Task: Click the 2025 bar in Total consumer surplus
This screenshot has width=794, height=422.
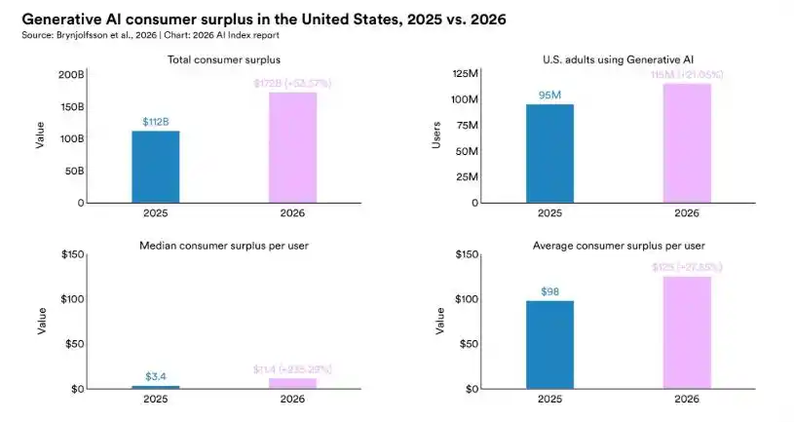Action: pos(156,167)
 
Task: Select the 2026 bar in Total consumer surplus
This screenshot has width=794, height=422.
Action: pos(292,147)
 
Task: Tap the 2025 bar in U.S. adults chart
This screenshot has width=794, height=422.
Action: pos(549,153)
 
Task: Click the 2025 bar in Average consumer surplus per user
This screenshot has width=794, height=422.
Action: pos(549,344)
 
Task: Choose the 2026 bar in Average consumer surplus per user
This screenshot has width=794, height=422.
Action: pos(687,332)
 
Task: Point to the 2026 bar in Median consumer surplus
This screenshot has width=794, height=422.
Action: pos(292,383)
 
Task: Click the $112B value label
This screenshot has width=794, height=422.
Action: pos(156,122)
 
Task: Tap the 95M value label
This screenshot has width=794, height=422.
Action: pos(549,96)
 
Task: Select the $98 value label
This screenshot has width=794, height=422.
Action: pos(549,291)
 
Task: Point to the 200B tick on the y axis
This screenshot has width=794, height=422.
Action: pos(71,74)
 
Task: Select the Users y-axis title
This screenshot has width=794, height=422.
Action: pos(436,138)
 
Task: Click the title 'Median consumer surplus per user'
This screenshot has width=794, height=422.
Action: pos(224,246)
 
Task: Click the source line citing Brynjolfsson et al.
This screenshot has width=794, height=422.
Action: pos(146,34)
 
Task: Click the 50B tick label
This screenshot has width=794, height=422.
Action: pos(74,171)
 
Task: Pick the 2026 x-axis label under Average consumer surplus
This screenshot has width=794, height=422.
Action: pos(687,399)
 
